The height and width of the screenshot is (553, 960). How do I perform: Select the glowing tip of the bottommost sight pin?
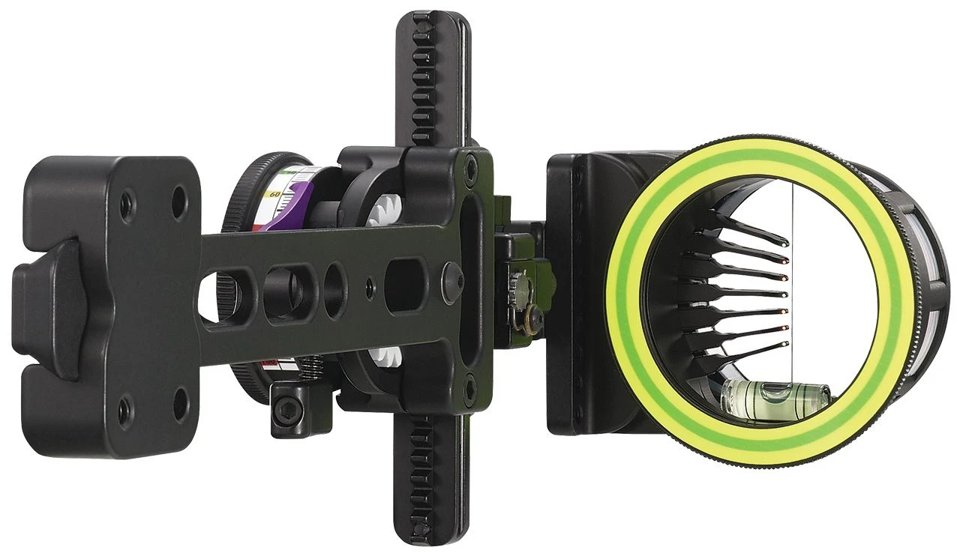(x=785, y=343)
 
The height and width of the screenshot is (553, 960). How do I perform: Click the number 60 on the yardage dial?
(x=274, y=194)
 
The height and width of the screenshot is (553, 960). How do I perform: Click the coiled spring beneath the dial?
(x=311, y=367)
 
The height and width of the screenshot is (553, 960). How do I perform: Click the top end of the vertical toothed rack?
(x=433, y=22)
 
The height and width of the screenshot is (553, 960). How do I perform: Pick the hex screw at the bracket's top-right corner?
(x=470, y=160)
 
